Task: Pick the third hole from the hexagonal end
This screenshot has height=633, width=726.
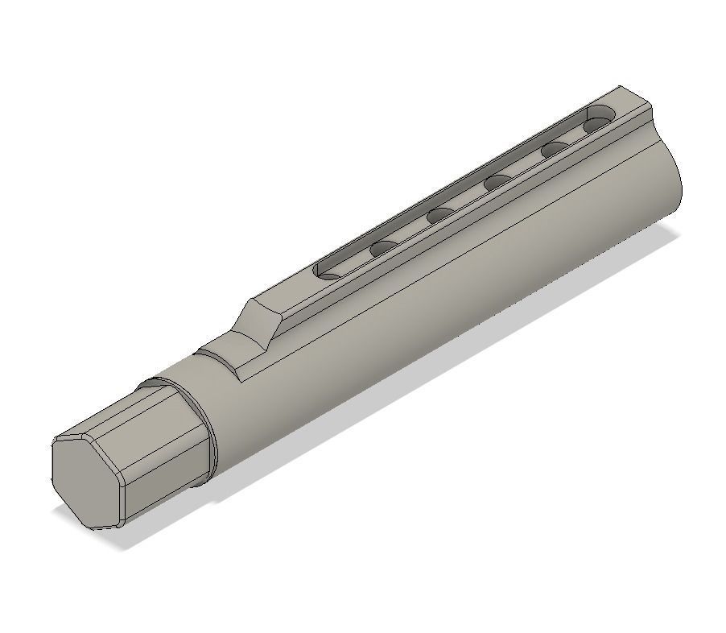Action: tap(441, 215)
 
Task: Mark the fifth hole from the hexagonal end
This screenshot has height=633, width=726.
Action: tap(555, 150)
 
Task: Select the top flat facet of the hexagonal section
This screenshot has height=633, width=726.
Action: tap(121, 412)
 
